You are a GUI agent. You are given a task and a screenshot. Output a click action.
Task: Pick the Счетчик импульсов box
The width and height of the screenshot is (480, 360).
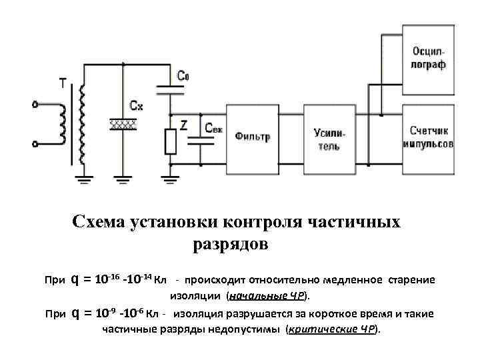point(429,137)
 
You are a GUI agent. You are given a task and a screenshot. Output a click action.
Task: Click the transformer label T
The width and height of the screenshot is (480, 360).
point(63,83)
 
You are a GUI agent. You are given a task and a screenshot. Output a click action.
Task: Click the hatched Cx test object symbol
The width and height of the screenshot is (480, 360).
point(123,124)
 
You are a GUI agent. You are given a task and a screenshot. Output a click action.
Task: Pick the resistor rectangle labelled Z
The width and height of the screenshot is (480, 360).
point(171,141)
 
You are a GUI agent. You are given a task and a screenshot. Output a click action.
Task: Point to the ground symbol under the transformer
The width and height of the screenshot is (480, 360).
point(83,178)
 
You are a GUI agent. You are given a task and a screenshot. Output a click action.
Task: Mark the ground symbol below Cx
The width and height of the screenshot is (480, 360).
point(123,178)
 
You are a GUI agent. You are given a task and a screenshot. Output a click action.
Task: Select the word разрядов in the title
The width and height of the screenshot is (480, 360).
point(231,245)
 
